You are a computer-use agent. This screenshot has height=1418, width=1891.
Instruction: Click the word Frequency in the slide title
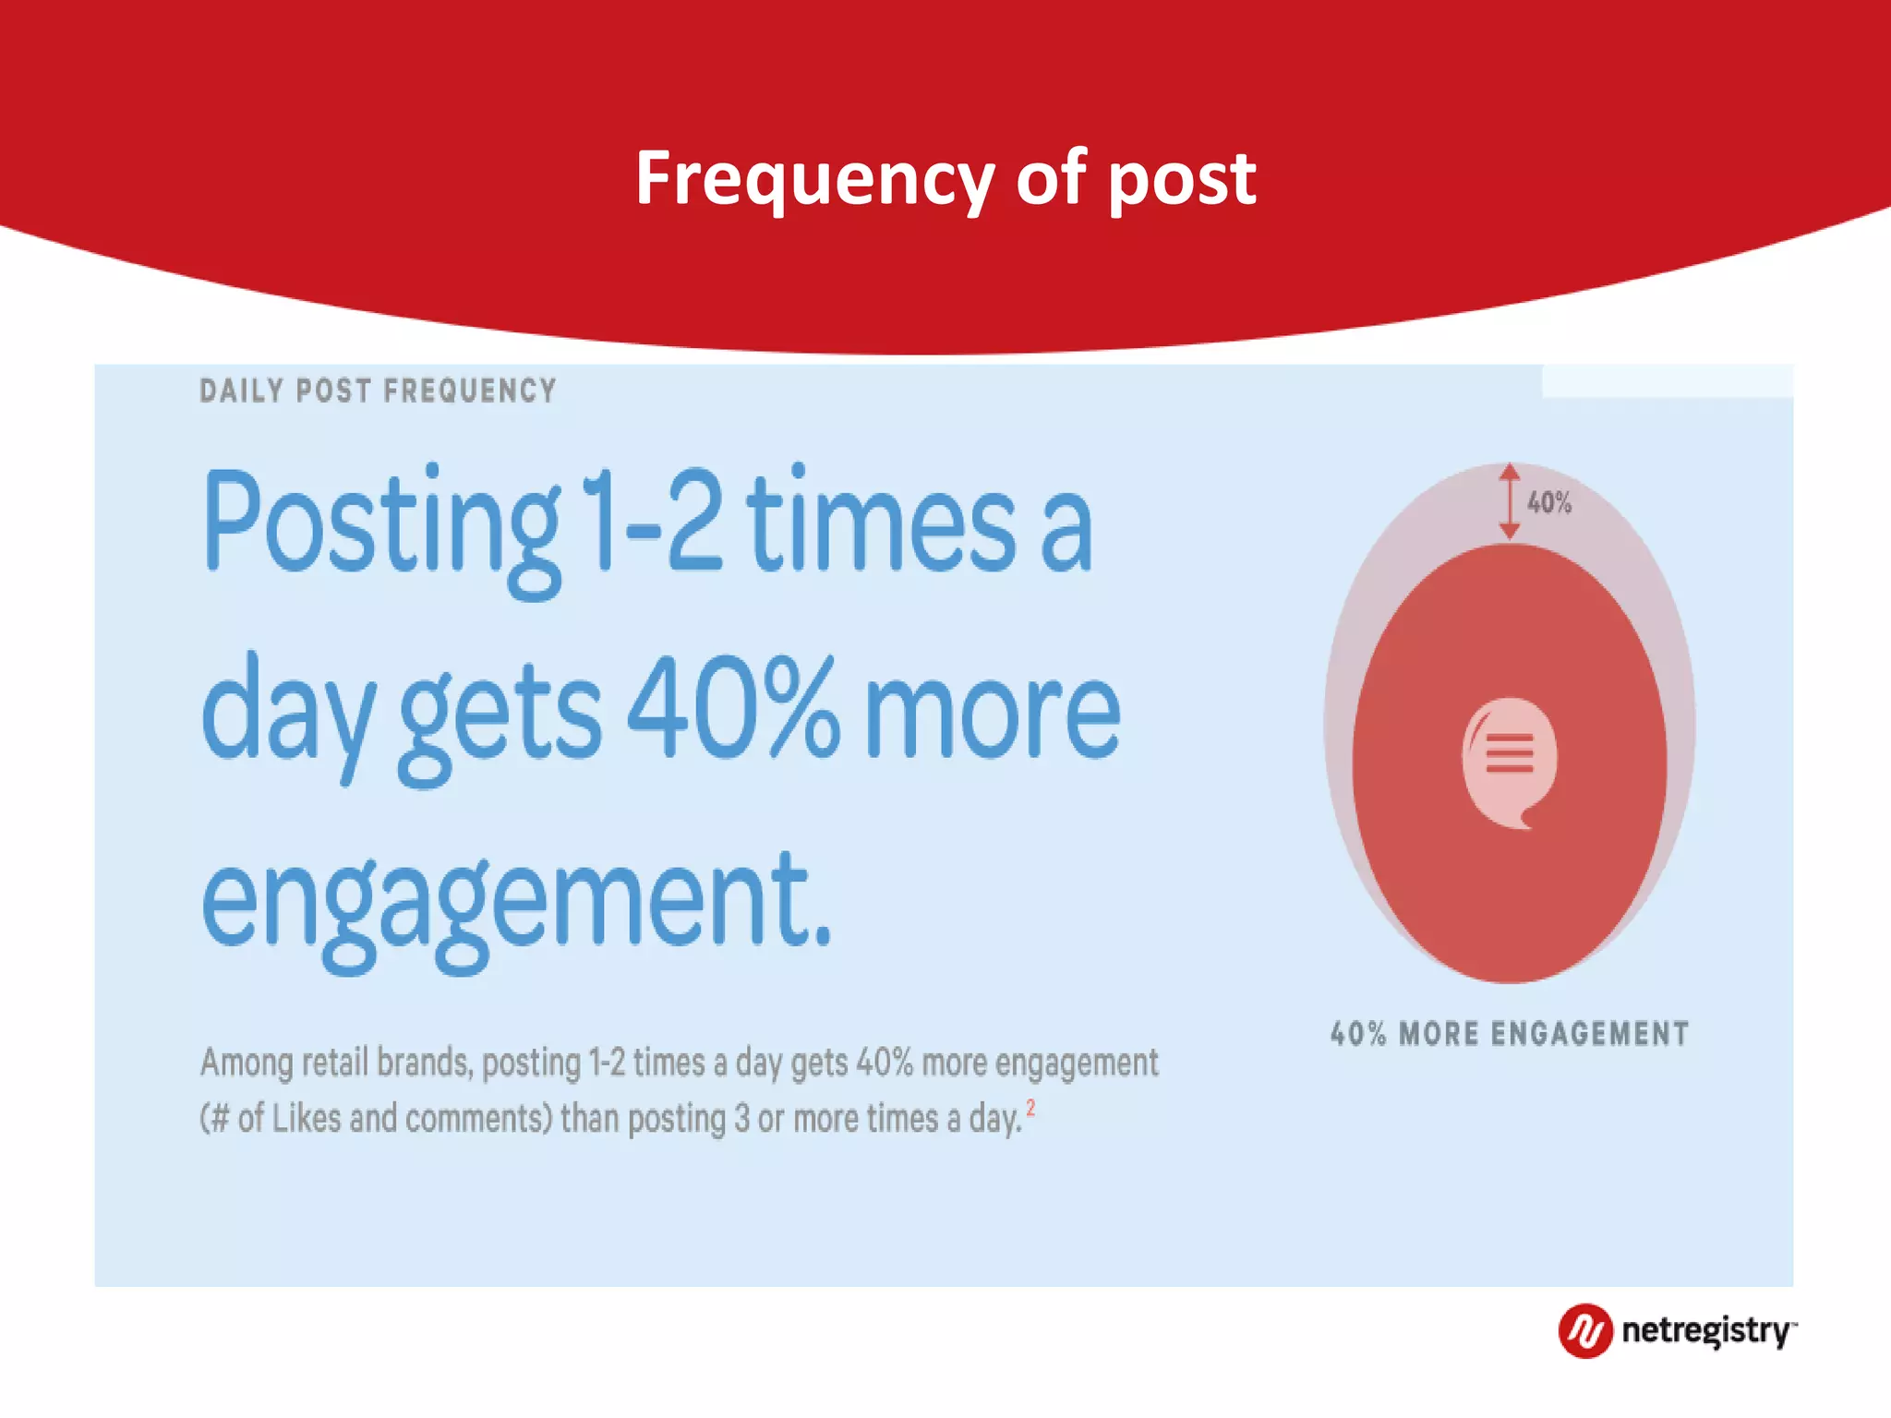(813, 179)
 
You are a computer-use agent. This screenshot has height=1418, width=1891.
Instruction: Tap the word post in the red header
(1181, 179)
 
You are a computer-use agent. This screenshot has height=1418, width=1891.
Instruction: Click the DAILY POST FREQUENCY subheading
(378, 391)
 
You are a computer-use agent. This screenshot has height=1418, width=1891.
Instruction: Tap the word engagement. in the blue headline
(517, 900)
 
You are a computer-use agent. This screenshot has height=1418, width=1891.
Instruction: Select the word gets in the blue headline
(500, 715)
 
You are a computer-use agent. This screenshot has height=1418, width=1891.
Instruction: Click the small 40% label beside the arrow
(1548, 503)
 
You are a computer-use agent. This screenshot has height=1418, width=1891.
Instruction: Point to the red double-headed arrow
(1509, 501)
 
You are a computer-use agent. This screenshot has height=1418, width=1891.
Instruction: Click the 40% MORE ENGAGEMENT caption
(1509, 1033)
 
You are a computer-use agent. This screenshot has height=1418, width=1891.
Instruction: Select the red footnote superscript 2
(1030, 1108)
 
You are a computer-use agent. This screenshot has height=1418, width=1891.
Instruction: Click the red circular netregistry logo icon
(1585, 1331)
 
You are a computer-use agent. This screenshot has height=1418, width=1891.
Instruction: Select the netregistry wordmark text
(1706, 1331)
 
